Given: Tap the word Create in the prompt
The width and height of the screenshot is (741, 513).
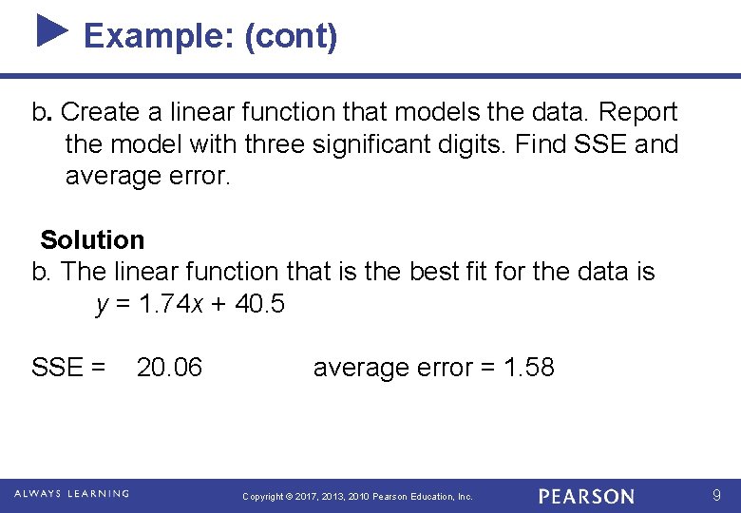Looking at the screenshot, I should pos(102,112).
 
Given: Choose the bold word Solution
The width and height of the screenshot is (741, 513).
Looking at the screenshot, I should pos(92,240).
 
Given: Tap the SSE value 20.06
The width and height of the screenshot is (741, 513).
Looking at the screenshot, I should pos(169,368).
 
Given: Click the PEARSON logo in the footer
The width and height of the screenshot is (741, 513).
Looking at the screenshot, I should pos(586,496).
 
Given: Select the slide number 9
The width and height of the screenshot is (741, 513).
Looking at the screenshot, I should pos(717,495).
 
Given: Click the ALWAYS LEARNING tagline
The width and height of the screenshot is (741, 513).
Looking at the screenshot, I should pos(73,494).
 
